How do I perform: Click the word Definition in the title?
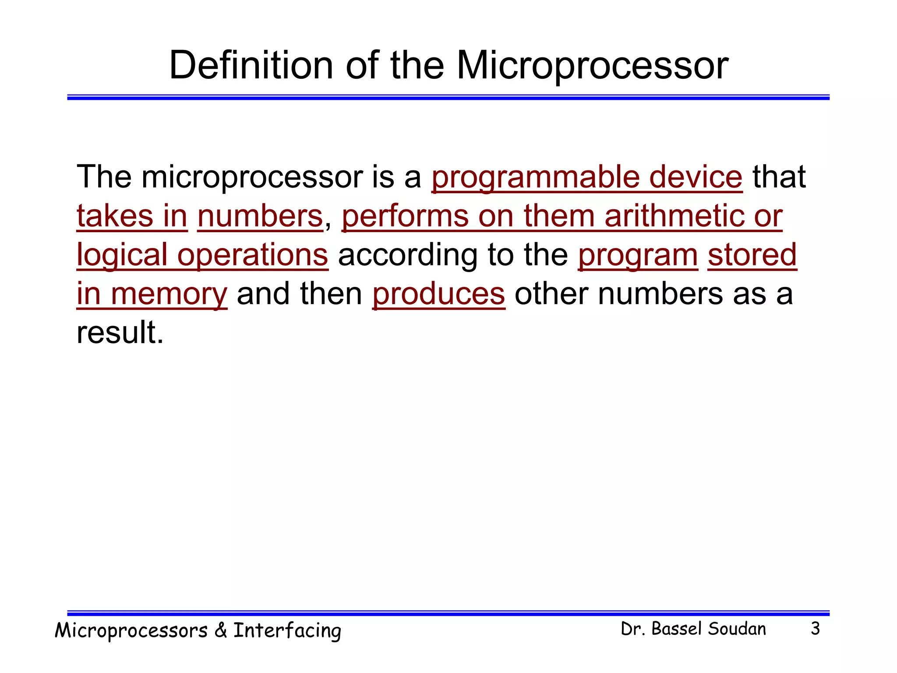click(x=251, y=66)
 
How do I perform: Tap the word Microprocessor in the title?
click(x=592, y=66)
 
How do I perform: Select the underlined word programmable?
click(x=535, y=177)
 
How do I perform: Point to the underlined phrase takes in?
click(x=132, y=216)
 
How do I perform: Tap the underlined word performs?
click(x=405, y=216)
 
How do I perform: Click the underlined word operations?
click(x=253, y=255)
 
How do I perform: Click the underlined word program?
click(x=638, y=255)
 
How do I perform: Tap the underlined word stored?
click(x=752, y=255)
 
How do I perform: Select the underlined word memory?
click(x=169, y=294)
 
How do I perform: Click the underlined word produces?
click(x=438, y=294)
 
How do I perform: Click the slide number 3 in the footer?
click(x=815, y=629)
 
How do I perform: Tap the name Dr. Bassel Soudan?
click(x=693, y=629)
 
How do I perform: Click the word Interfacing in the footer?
click(x=287, y=631)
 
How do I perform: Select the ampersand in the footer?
click(x=220, y=631)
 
